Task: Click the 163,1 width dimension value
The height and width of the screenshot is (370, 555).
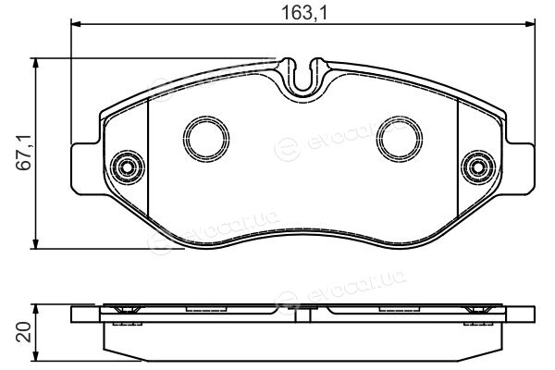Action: tap(305, 13)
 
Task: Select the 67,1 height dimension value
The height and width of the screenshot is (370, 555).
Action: tap(26, 153)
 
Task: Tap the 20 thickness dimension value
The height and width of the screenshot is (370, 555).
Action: tap(24, 332)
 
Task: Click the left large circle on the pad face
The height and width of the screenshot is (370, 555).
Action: tap(206, 139)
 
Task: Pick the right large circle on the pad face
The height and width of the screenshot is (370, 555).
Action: tap(400, 138)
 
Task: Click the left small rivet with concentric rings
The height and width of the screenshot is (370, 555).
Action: tap(127, 167)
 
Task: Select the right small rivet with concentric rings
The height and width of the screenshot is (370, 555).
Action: tap(478, 167)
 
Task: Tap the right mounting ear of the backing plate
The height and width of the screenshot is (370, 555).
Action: tap(519, 168)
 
